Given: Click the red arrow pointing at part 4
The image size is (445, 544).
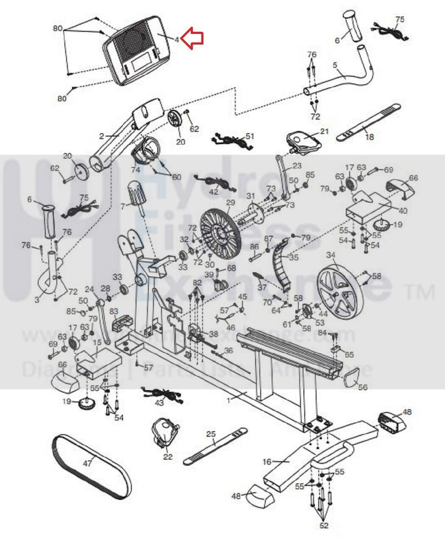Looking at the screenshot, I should tap(193, 38).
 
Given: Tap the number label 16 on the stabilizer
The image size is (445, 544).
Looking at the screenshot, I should tap(267, 462).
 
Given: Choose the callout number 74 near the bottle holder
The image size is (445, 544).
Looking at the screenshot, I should tap(135, 169).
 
